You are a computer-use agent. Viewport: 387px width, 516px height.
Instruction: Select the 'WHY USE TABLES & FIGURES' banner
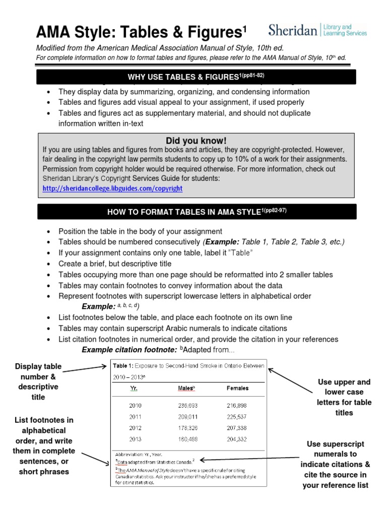tap(196, 77)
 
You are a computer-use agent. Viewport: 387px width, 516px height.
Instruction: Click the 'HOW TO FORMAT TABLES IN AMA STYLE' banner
tap(196, 212)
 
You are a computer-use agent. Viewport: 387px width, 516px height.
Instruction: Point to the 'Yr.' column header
tap(135, 389)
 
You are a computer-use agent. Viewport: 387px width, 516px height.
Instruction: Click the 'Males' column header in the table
tap(186, 389)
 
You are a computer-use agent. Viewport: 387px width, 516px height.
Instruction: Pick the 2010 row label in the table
tap(136, 405)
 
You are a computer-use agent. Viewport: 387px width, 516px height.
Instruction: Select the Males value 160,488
tap(187, 438)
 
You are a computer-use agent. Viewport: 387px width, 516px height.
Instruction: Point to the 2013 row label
tap(136, 438)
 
